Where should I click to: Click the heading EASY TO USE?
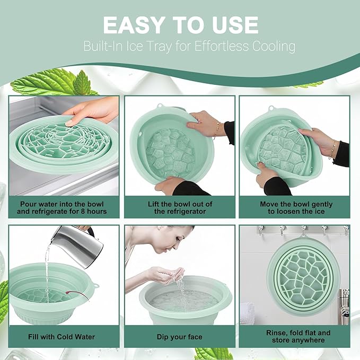click(180, 24)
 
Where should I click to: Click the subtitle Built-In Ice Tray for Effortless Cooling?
click(189, 46)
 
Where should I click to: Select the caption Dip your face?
click(180, 336)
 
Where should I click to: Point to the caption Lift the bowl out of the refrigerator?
click(180, 207)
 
